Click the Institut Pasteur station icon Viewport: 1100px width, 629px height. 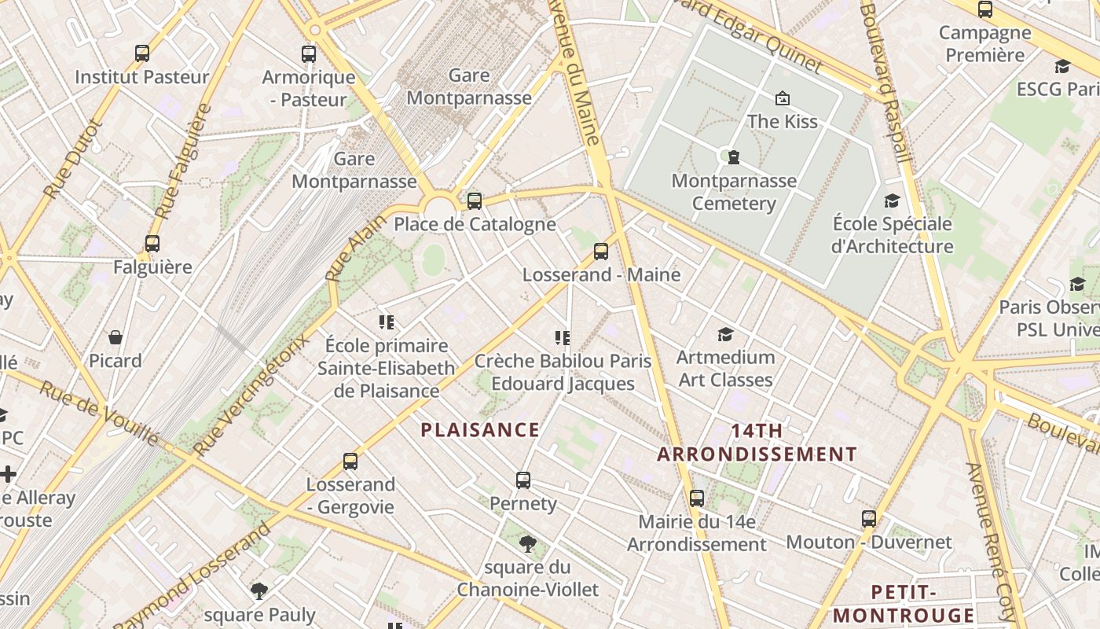pyautogui.click(x=142, y=53)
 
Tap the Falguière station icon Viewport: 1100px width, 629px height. pyautogui.click(x=152, y=244)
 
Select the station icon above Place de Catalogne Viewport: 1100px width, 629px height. pyautogui.click(x=475, y=200)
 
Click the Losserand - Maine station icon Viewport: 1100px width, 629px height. pyautogui.click(x=601, y=252)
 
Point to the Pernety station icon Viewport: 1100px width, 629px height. pyautogui.click(x=523, y=480)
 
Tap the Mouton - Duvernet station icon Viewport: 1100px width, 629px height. pyautogui.click(x=869, y=519)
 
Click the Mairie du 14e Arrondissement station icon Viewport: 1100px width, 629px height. pyautogui.click(x=697, y=498)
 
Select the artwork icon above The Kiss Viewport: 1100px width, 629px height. pyautogui.click(x=783, y=98)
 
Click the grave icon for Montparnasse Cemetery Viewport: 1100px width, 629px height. pyautogui.click(x=734, y=157)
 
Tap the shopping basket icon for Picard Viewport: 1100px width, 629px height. pyautogui.click(x=115, y=338)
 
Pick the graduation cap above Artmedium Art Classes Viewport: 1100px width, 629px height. pyautogui.click(x=725, y=334)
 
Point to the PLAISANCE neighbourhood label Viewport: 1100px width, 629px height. pyautogui.click(x=480, y=430)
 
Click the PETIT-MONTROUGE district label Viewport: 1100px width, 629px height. pyautogui.click(x=904, y=604)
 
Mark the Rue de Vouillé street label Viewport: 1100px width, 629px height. pyautogui.click(x=99, y=412)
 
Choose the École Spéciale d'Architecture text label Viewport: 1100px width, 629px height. pyautogui.click(x=892, y=235)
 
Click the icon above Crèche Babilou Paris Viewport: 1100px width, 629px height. pyautogui.click(x=563, y=338)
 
